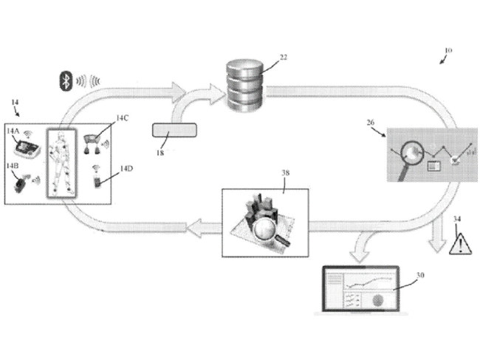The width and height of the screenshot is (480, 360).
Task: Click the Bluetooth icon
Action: (x=65, y=81)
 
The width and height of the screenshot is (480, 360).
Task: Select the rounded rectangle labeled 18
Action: (x=175, y=131)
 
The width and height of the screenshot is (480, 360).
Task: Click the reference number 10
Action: (x=448, y=51)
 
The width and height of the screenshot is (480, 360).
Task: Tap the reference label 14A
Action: (x=14, y=130)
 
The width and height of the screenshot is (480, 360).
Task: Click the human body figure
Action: (x=61, y=161)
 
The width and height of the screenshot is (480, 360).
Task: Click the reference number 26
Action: (x=373, y=125)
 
